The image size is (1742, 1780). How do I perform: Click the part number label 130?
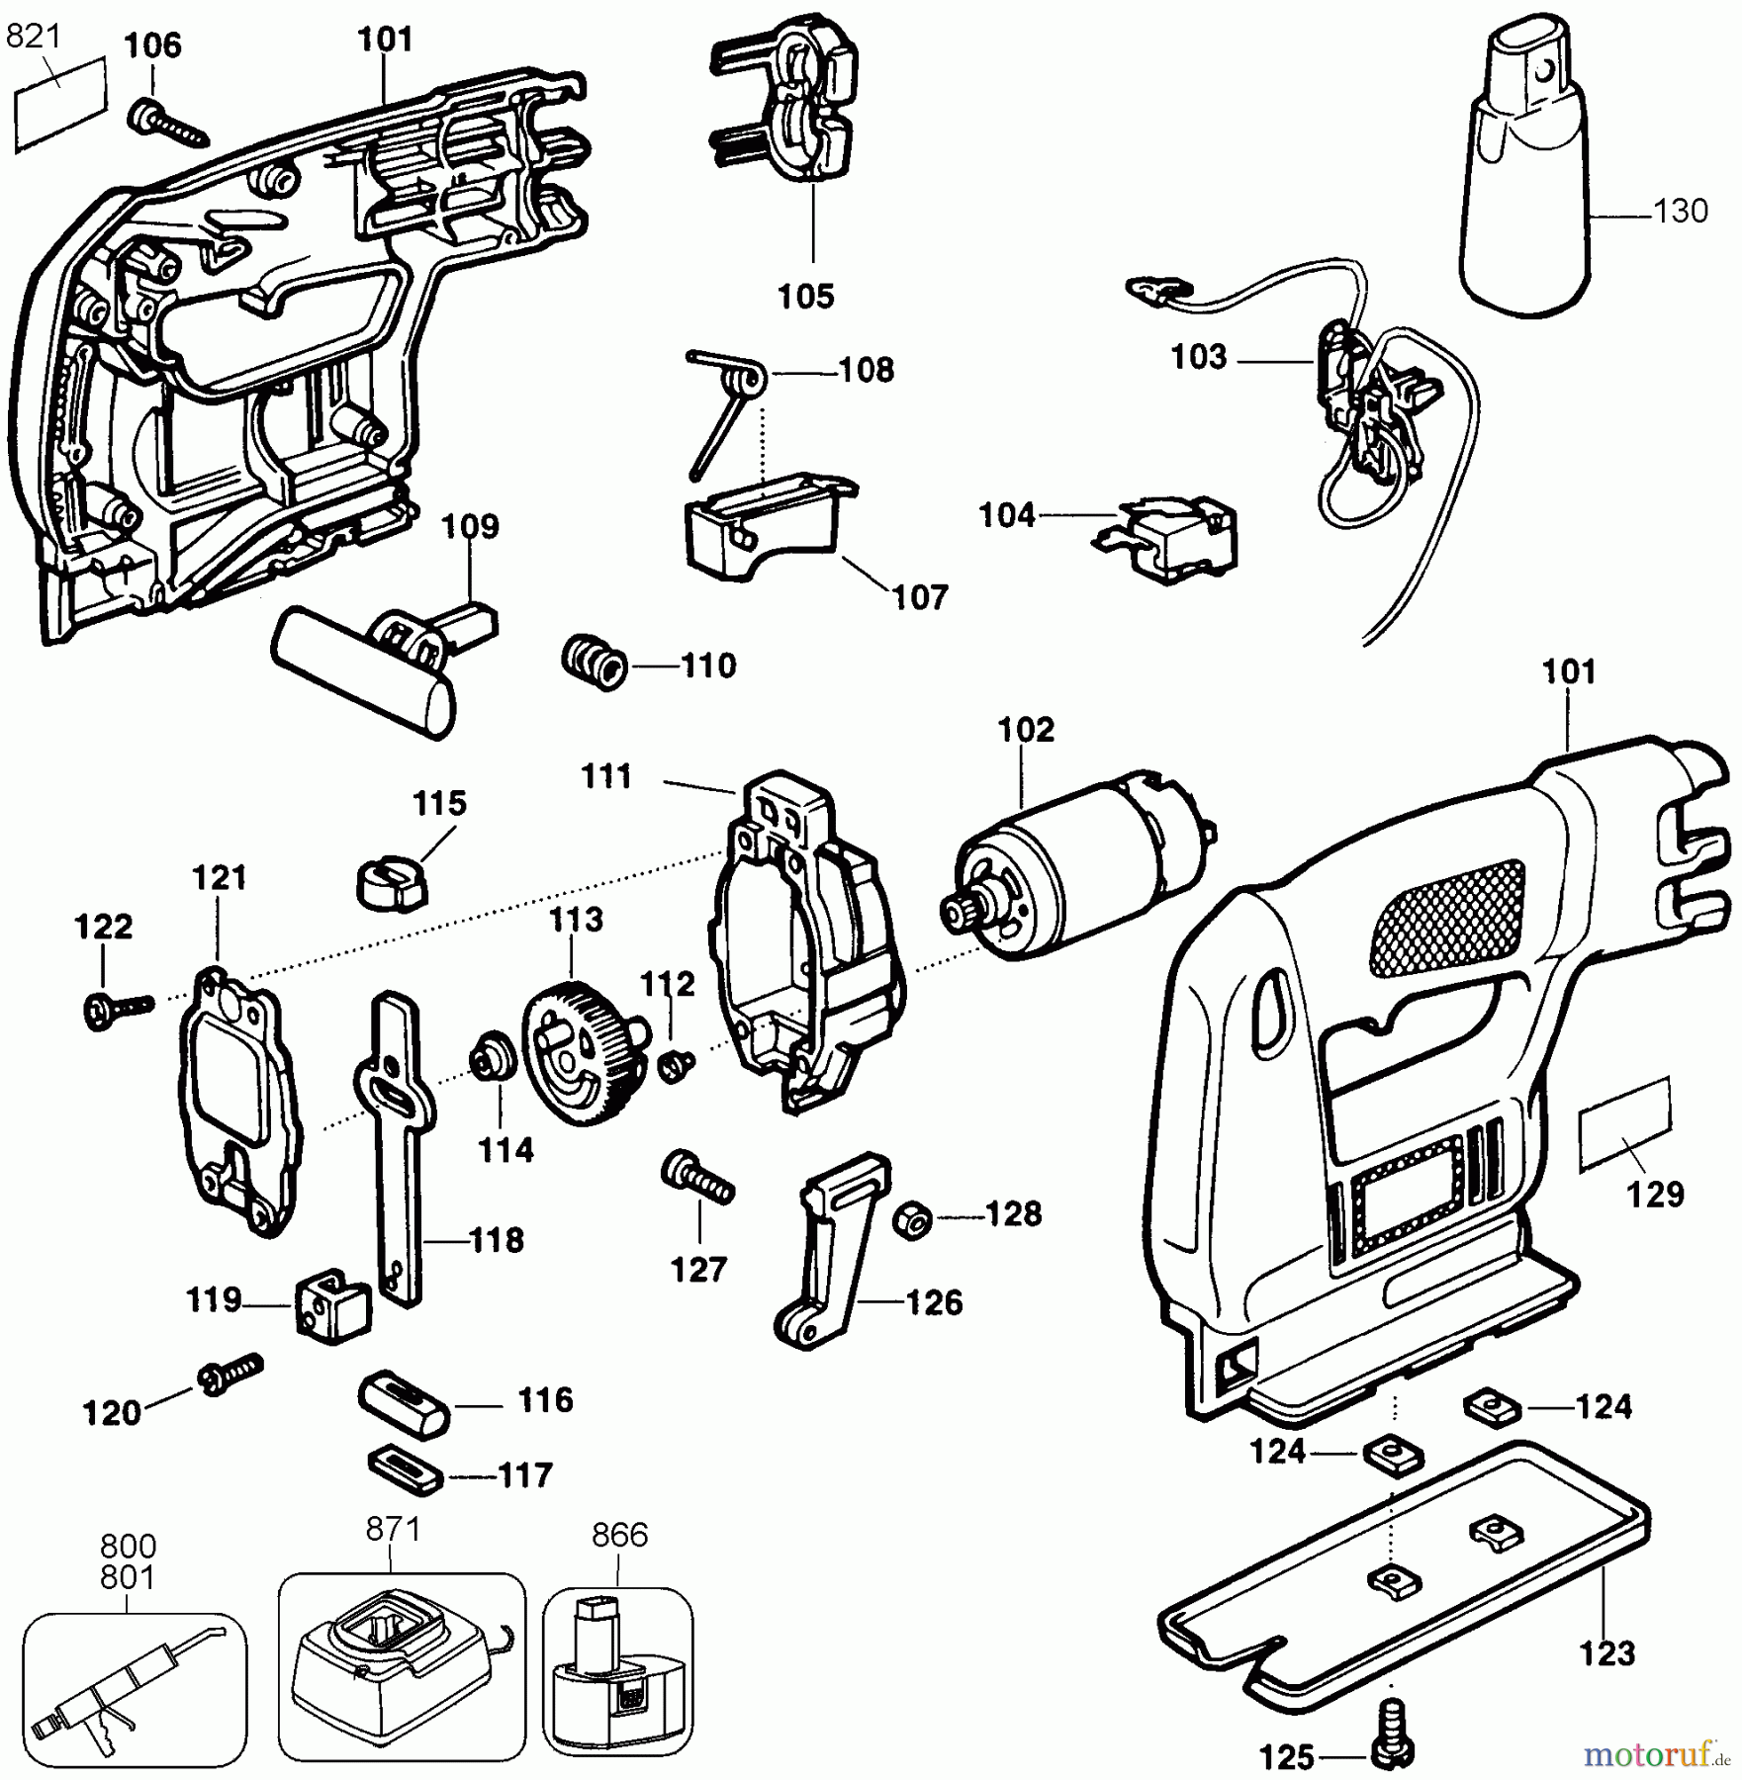coord(1680,211)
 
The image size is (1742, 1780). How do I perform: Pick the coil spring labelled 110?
coord(595,663)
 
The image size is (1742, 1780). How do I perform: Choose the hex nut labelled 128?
coord(911,1220)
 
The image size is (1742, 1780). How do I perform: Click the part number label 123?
coord(1606,1652)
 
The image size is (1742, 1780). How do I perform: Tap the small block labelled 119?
coord(334,1305)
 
